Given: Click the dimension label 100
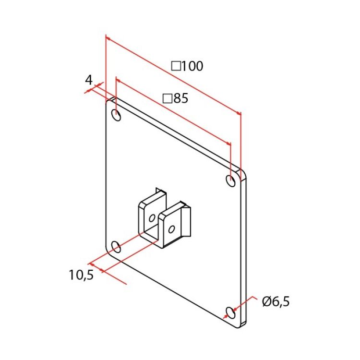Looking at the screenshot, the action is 192,66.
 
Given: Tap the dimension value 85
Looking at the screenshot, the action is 181,98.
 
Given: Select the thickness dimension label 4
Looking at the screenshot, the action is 89,80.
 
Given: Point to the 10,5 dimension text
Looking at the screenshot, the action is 81,275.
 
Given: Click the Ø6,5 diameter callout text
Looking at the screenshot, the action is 276,301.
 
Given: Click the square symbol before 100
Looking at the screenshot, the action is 176,66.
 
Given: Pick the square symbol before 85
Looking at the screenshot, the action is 168,98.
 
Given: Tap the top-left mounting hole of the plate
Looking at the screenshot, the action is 116,115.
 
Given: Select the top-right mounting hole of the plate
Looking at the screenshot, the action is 230,180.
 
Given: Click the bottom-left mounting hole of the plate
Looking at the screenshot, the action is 116,247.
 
